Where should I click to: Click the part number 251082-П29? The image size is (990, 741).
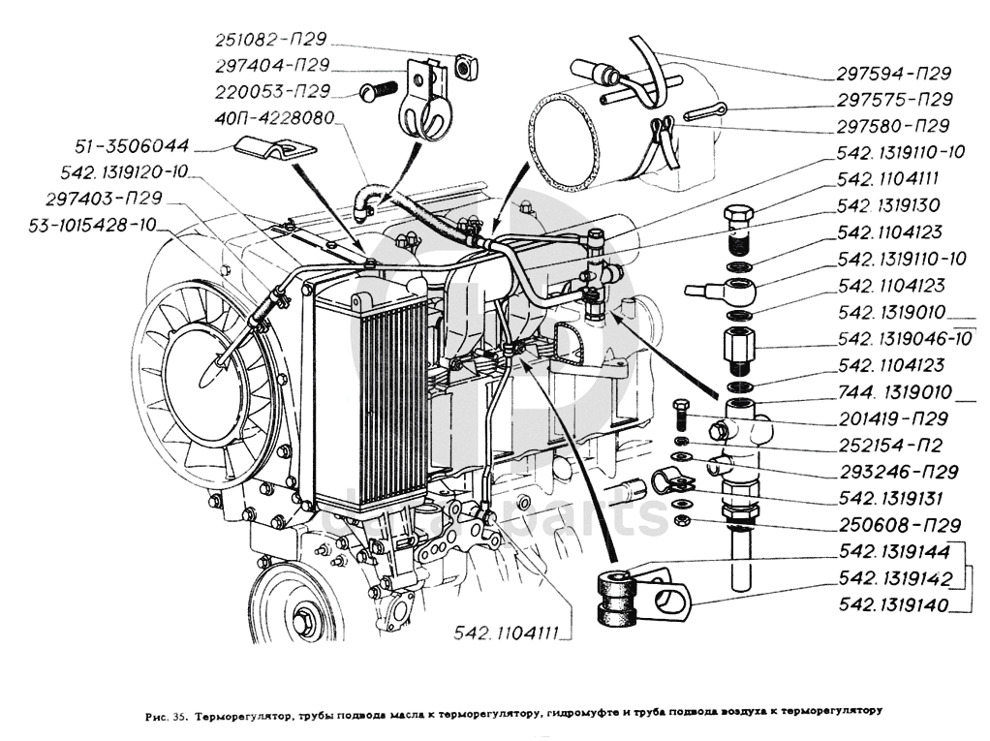pyautogui.click(x=270, y=40)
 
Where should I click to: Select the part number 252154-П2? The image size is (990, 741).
pyautogui.click(x=890, y=446)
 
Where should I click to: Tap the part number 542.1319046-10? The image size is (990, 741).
pyautogui.click(x=904, y=338)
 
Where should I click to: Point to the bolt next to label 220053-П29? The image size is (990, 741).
pyautogui.click(x=379, y=91)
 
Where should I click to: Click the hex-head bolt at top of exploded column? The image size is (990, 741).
pyautogui.click(x=742, y=217)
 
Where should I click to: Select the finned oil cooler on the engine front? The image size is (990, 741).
pyautogui.click(x=373, y=402)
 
